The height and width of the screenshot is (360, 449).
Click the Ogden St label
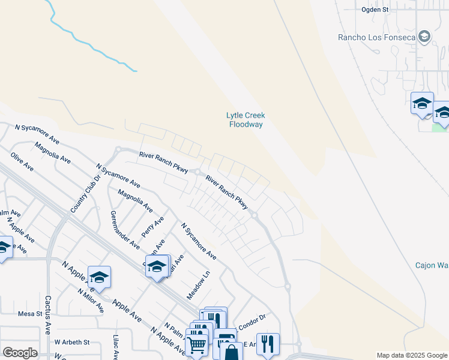pyautogui.click(x=375, y=10)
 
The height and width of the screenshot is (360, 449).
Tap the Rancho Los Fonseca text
pyautogui.click(x=376, y=37)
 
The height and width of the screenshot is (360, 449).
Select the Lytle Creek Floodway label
pyautogui.click(x=245, y=120)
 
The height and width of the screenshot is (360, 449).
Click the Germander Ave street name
pyautogui.click(x=125, y=230)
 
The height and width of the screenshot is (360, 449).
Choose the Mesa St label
pyautogui.click(x=29, y=314)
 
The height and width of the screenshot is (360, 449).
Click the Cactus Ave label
pyautogui.click(x=47, y=314)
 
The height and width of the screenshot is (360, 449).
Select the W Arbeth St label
pyautogui.click(x=71, y=342)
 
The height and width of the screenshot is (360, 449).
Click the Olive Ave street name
pyautogui.click(x=22, y=162)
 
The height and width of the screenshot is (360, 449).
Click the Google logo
pyautogui.click(x=20, y=353)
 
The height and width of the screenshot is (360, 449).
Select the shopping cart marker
pyautogui.click(x=196, y=345)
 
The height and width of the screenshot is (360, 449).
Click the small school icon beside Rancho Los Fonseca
pyautogui.click(x=425, y=37)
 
